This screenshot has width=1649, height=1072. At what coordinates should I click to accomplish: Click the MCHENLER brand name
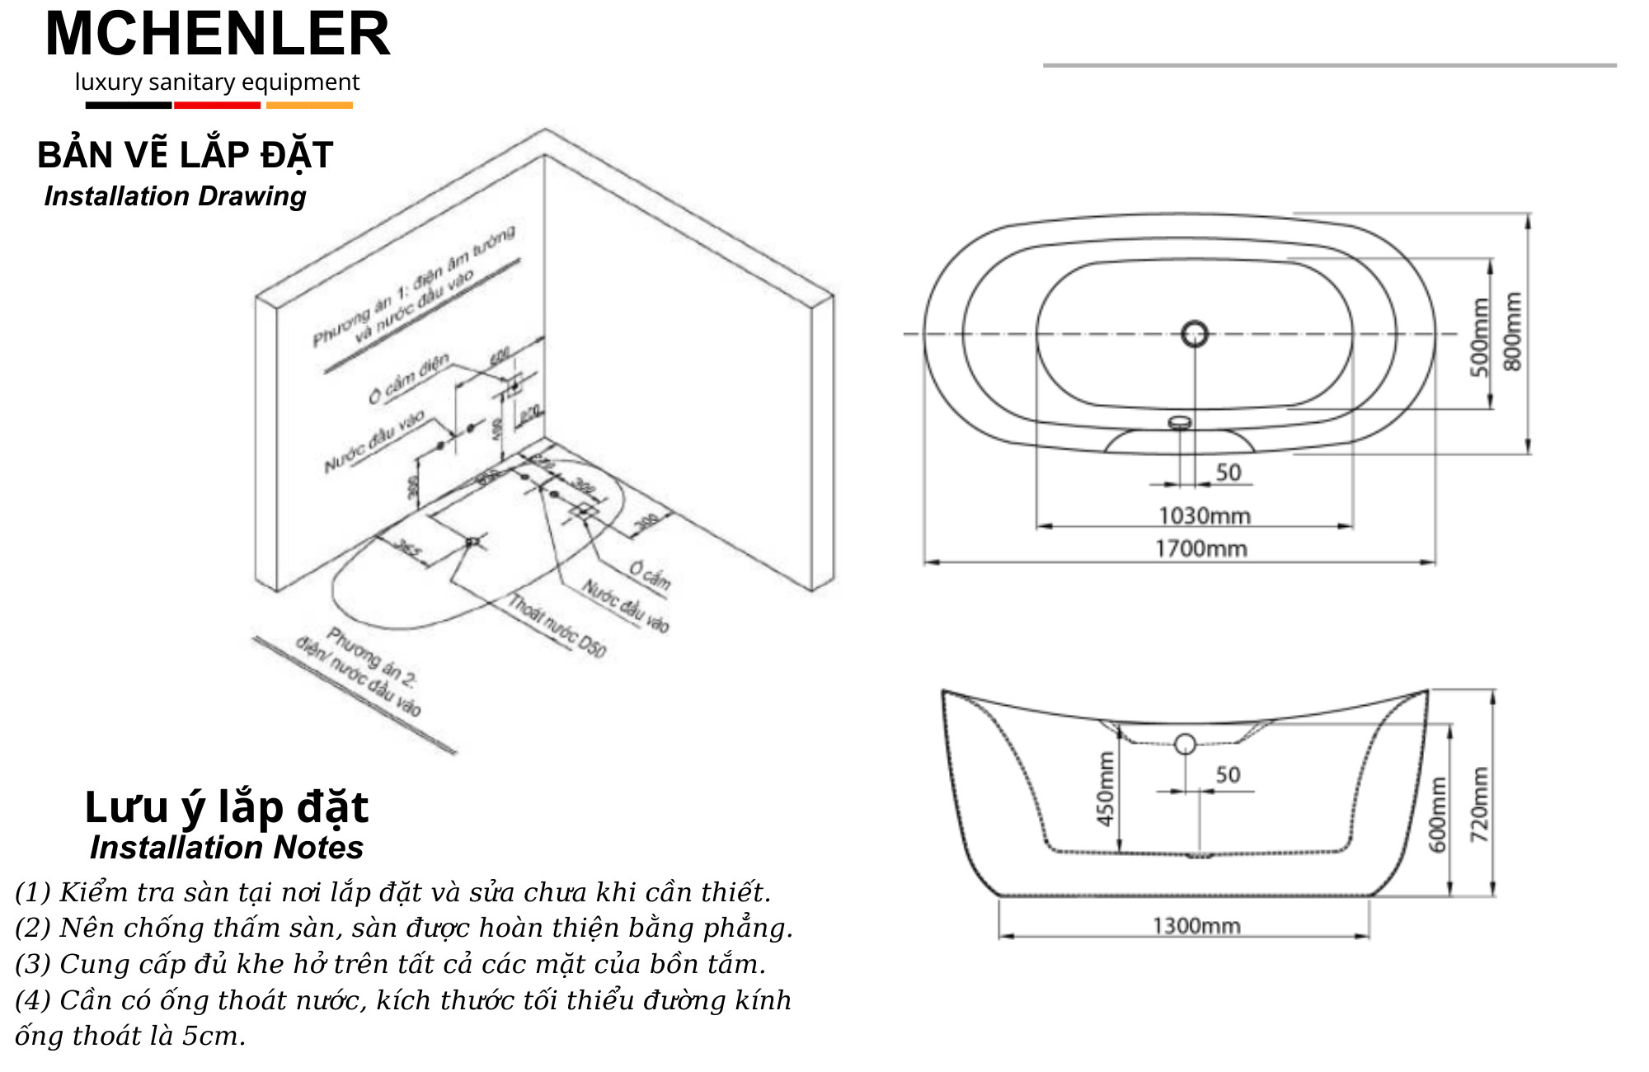218,35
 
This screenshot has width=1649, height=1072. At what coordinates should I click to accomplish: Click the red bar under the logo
217,105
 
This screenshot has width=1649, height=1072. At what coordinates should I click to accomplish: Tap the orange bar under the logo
309,105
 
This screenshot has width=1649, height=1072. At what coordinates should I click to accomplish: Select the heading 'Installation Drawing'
175,196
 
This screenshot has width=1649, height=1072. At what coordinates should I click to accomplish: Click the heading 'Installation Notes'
227,848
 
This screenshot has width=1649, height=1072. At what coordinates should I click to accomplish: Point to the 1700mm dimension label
1200,548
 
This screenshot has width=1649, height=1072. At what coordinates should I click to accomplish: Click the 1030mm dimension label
1205,516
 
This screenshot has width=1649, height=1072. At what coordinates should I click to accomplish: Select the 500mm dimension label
1480,337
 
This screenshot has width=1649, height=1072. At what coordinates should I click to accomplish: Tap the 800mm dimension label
1513,331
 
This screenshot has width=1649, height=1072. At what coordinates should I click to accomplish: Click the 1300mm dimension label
1196,925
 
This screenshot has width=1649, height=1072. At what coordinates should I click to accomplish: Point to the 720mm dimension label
1480,805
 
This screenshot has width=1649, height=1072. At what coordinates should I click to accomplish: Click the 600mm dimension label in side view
1437,814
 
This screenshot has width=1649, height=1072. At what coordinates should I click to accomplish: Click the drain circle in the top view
1195,334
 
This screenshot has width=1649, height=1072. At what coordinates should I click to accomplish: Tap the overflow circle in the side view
1185,744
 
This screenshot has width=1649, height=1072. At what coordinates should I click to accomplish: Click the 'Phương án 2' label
371,657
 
